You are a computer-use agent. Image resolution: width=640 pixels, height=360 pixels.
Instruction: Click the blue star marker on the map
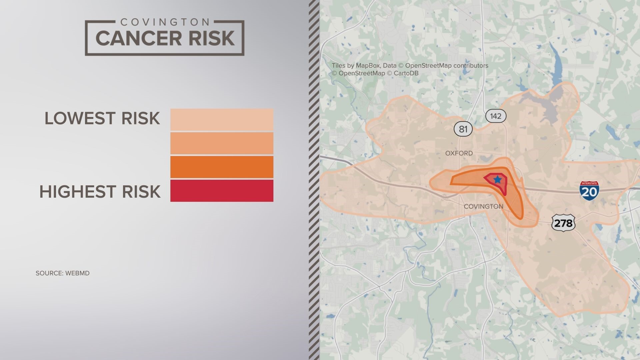pyautogui.click(x=497, y=180)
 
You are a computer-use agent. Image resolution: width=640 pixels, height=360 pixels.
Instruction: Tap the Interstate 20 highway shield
pyautogui.click(x=589, y=191)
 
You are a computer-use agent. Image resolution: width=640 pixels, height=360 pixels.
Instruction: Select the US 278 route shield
pyautogui.click(x=563, y=223)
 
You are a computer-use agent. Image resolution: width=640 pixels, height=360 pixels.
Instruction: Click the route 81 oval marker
pyautogui.click(x=463, y=129)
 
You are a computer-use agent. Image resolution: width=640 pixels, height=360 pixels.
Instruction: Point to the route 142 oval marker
pyautogui.click(x=496, y=116)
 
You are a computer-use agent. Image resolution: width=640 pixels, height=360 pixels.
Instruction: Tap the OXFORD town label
pyautogui.click(x=459, y=153)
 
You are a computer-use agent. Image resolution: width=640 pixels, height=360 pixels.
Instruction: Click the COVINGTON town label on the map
pyautogui.click(x=483, y=207)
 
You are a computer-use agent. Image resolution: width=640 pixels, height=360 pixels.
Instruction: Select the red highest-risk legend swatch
pyautogui.click(x=222, y=191)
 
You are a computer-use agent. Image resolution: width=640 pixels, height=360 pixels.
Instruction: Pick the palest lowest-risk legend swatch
pyautogui.click(x=222, y=119)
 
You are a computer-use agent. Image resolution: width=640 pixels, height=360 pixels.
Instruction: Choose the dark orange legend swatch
pyautogui.click(x=222, y=167)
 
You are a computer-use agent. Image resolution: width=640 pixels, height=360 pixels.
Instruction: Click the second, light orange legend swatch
pyautogui.click(x=222, y=143)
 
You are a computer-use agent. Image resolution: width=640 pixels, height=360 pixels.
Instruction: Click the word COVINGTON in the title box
pyautogui.click(x=165, y=22)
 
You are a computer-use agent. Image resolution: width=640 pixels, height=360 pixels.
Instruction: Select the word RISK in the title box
pyautogui.click(x=212, y=38)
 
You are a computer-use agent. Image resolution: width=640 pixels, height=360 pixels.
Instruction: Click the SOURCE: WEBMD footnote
pyautogui.click(x=63, y=273)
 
